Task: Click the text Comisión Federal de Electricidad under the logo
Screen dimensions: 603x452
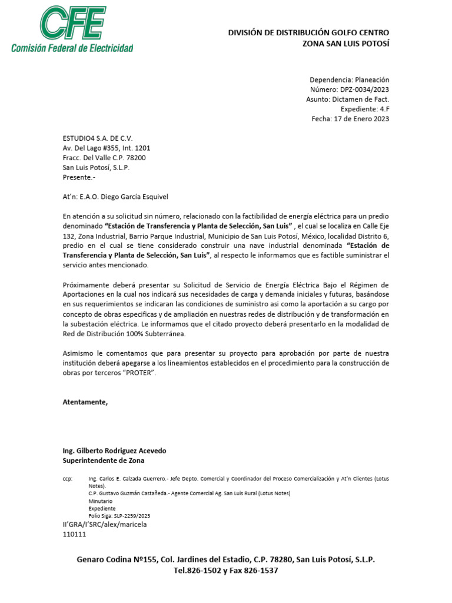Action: (72, 48)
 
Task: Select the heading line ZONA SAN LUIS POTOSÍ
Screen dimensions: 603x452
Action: (345, 44)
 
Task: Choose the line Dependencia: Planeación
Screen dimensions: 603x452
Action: (349, 79)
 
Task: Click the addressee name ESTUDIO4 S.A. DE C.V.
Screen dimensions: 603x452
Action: (98, 138)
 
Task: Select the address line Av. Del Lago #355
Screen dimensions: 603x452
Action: (94, 148)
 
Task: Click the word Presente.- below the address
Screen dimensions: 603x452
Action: (78, 177)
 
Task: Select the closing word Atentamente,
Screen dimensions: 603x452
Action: (85, 402)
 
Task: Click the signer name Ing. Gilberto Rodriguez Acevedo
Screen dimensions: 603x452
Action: (114, 450)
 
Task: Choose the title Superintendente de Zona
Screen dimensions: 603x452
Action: (103, 460)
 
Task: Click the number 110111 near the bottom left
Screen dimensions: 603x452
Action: (74, 534)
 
